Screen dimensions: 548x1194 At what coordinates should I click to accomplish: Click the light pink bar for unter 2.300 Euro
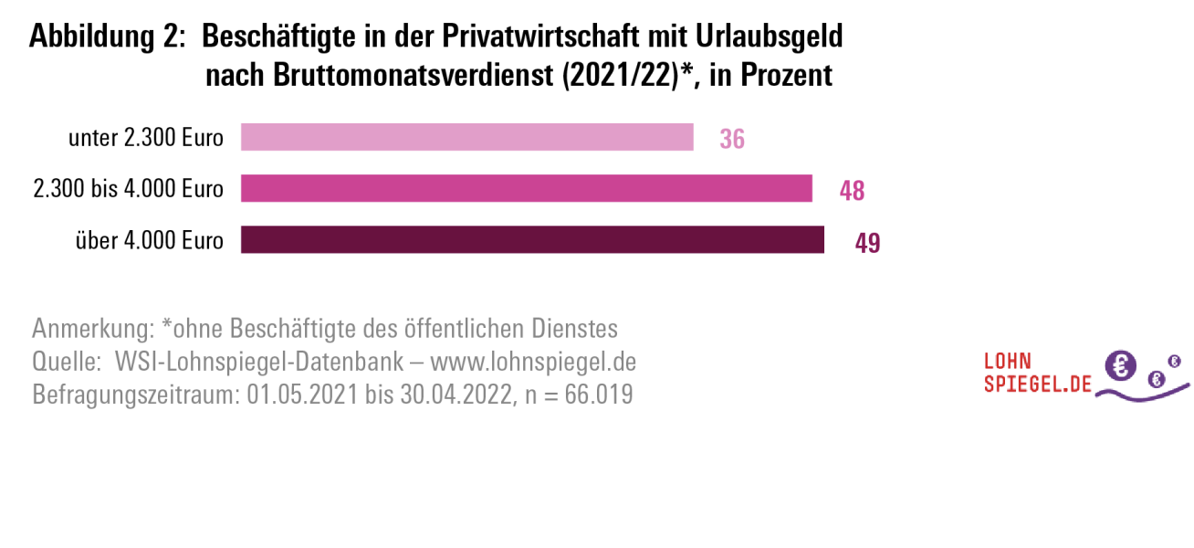[466, 138]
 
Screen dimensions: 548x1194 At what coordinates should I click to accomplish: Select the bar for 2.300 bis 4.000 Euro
[526, 189]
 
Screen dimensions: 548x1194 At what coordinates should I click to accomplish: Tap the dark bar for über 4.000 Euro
[532, 240]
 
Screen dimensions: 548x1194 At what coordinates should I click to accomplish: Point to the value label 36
[732, 140]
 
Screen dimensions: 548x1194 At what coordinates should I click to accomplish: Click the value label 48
[852, 191]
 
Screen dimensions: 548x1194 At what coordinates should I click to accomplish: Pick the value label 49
[867, 243]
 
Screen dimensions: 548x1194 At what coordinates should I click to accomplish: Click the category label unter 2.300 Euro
[146, 139]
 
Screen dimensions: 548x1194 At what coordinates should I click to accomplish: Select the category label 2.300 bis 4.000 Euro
[128, 190]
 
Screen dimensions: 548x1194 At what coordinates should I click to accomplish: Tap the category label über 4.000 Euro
[149, 241]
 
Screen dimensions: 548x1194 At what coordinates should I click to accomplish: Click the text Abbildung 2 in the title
[103, 37]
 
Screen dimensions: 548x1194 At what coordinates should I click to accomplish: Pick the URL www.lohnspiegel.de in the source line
[533, 362]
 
